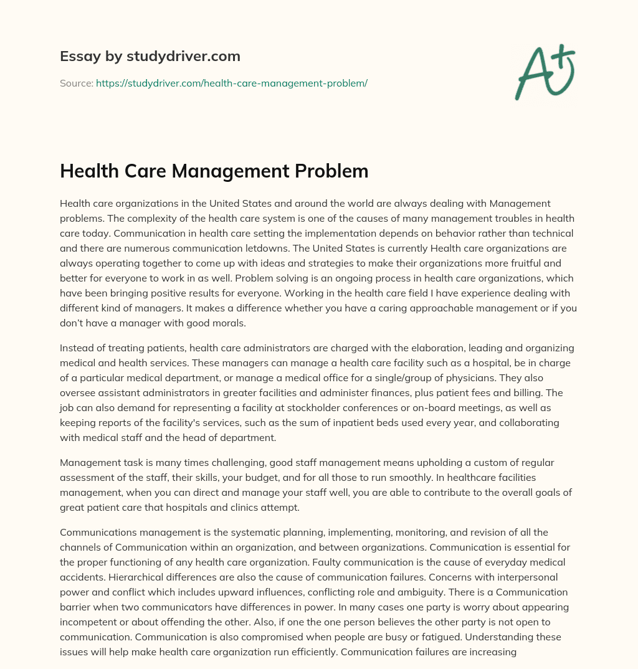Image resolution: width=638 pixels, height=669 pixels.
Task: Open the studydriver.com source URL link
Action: tap(231, 83)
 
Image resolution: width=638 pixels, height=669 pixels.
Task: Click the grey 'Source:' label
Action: tap(77, 83)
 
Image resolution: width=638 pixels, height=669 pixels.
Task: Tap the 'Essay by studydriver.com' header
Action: tap(150, 56)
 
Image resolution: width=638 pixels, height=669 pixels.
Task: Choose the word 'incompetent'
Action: tap(89, 622)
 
